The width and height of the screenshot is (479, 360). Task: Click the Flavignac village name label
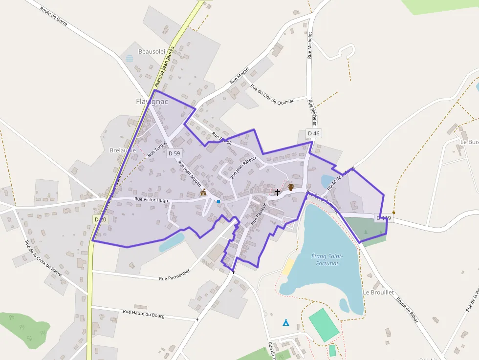point(152,102)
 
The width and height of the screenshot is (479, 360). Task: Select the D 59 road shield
point(174,153)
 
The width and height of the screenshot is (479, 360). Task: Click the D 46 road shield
point(313,133)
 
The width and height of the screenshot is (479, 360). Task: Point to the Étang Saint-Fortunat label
point(327,260)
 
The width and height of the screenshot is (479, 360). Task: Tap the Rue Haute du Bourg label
point(144,314)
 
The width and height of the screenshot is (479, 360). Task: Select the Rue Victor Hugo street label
point(152,199)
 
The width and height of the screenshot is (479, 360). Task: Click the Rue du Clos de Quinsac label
point(272,95)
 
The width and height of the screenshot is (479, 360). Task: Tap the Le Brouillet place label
point(378,292)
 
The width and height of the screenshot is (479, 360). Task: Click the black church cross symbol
point(278,192)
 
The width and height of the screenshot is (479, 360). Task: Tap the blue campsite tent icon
point(285,322)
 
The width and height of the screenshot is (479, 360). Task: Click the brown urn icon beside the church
point(290,187)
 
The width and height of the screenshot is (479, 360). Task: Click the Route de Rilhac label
point(408,311)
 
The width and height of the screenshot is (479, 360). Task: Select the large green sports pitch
point(324,324)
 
